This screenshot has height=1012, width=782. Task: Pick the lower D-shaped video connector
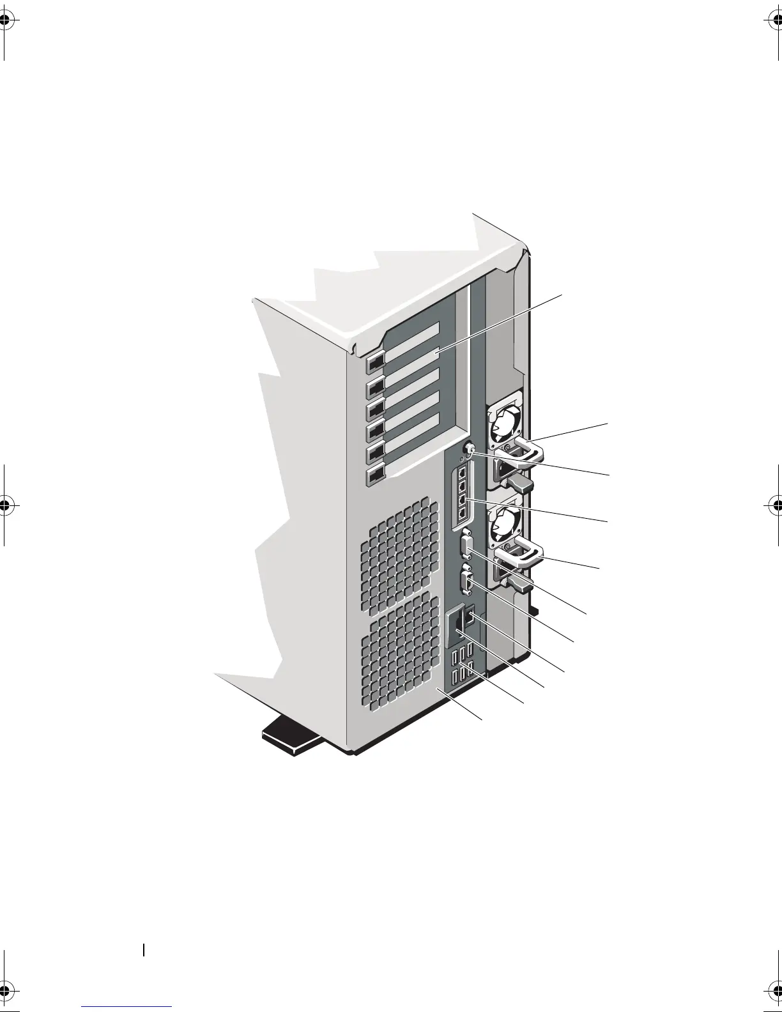click(x=465, y=584)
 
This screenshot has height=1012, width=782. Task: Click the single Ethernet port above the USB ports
click(x=470, y=617)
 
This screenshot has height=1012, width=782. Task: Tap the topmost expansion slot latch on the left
click(x=375, y=362)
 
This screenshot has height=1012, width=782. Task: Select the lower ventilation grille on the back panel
click(x=401, y=652)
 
